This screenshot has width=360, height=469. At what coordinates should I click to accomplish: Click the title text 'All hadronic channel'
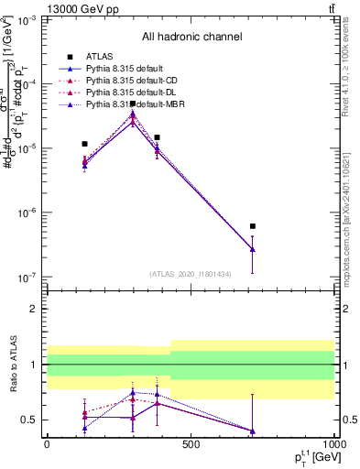[x=191, y=38]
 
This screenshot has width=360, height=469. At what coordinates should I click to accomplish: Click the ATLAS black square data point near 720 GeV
[x=252, y=226]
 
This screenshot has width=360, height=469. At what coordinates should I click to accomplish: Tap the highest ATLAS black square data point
[x=133, y=104]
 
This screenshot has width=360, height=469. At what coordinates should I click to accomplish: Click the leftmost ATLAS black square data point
[x=84, y=144]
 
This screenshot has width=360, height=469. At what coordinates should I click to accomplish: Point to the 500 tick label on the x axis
[x=191, y=445]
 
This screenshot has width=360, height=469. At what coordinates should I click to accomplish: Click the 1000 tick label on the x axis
[x=333, y=445]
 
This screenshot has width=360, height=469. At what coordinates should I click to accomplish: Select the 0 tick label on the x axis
[x=47, y=445]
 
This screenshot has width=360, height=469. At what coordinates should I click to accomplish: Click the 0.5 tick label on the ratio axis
[x=28, y=420]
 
